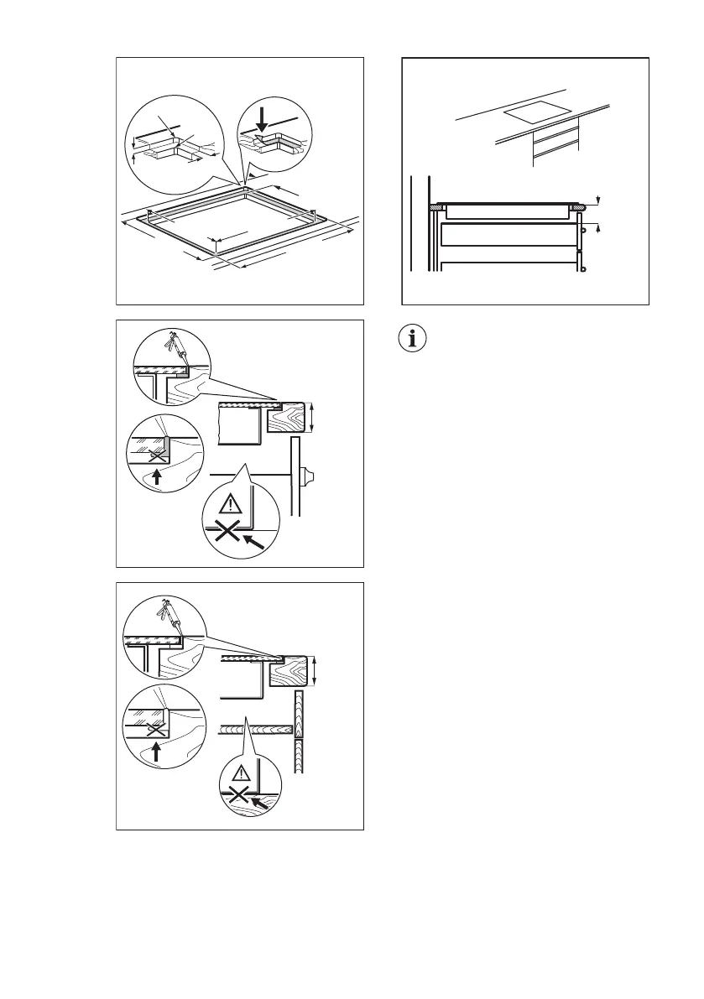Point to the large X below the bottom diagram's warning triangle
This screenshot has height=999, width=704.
click(239, 794)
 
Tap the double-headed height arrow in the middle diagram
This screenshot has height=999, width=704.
click(311, 417)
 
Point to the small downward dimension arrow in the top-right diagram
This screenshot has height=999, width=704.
click(598, 199)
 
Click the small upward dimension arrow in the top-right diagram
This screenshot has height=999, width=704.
click(598, 226)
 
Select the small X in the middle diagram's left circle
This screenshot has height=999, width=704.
click(153, 455)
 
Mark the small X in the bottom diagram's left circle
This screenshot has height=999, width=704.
click(156, 728)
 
